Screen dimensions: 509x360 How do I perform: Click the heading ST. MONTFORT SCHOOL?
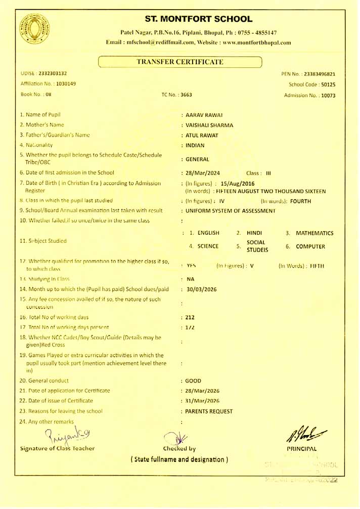click(x=198, y=19)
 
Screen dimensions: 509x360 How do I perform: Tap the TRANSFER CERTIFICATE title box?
click(x=180, y=62)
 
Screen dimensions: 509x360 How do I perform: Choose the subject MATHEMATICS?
click(x=314, y=233)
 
